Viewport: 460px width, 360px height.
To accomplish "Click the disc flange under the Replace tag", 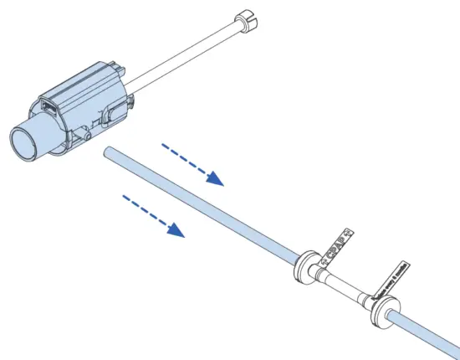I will (389, 317).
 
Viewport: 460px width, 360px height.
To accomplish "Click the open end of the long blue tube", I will (109, 152).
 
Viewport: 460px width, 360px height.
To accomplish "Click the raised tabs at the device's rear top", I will (117, 64).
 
